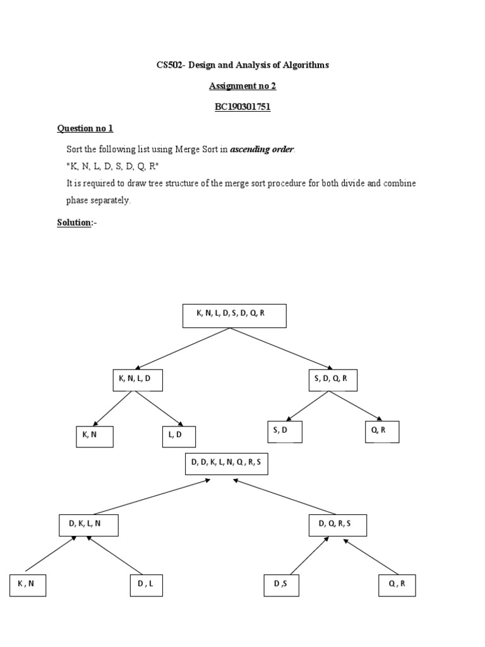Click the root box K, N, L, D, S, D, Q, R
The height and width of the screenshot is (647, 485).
(234, 316)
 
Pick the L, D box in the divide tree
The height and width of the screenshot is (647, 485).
(179, 437)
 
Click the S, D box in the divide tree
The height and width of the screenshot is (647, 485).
(284, 432)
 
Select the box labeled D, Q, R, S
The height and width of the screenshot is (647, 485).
(338, 525)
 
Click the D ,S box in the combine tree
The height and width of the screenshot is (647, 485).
(282, 586)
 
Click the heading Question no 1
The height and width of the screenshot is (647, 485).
(85, 128)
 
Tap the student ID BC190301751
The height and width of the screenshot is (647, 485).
(242, 107)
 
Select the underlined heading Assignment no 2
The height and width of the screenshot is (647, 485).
(242, 86)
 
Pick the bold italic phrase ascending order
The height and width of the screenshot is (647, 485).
(261, 150)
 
